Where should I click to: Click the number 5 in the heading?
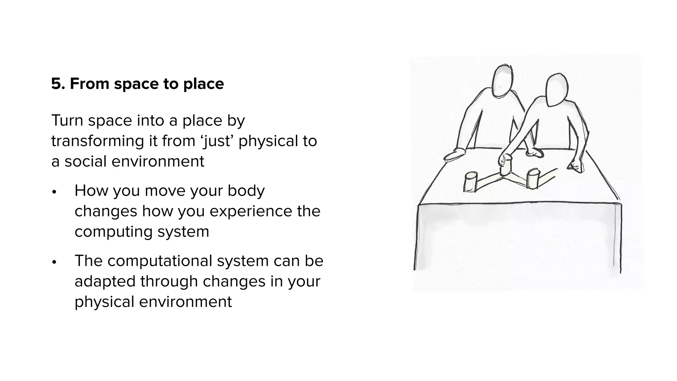pos(57,84)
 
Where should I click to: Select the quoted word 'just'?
pos(217,141)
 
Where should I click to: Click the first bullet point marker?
pos(55,192)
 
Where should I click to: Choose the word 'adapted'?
pos(104,281)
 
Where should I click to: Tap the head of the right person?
pos(557,90)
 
